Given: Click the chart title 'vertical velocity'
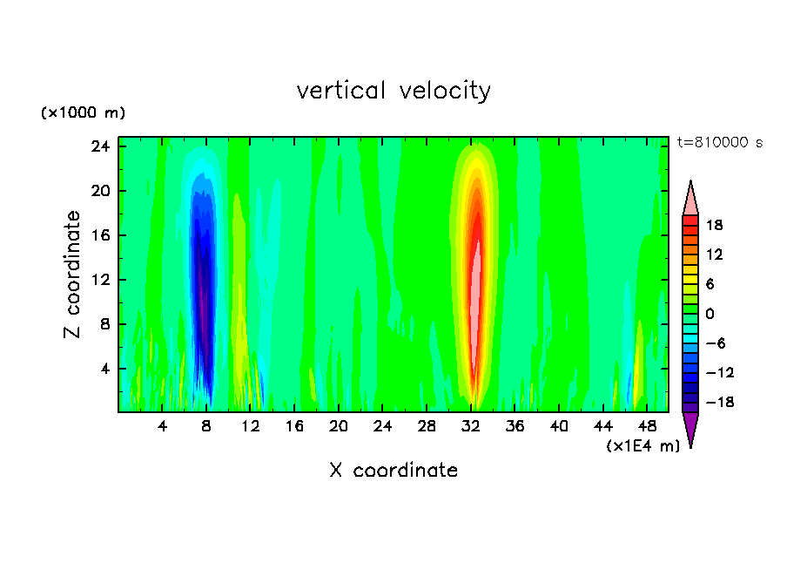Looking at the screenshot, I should [x=393, y=91].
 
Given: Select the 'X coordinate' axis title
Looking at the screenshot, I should [x=393, y=471].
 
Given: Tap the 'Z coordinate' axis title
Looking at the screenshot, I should [x=73, y=275].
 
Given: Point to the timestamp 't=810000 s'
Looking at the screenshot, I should [x=719, y=142].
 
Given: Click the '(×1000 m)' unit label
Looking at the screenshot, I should [x=83, y=113].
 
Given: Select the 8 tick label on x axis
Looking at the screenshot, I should [x=206, y=426].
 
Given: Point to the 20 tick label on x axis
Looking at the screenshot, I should [x=339, y=426].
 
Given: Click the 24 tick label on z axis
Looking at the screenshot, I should [x=101, y=146].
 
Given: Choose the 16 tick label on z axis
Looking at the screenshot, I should [x=101, y=235].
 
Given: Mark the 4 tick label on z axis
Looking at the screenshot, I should [x=105, y=369].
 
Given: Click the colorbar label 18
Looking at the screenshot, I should [x=714, y=225].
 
